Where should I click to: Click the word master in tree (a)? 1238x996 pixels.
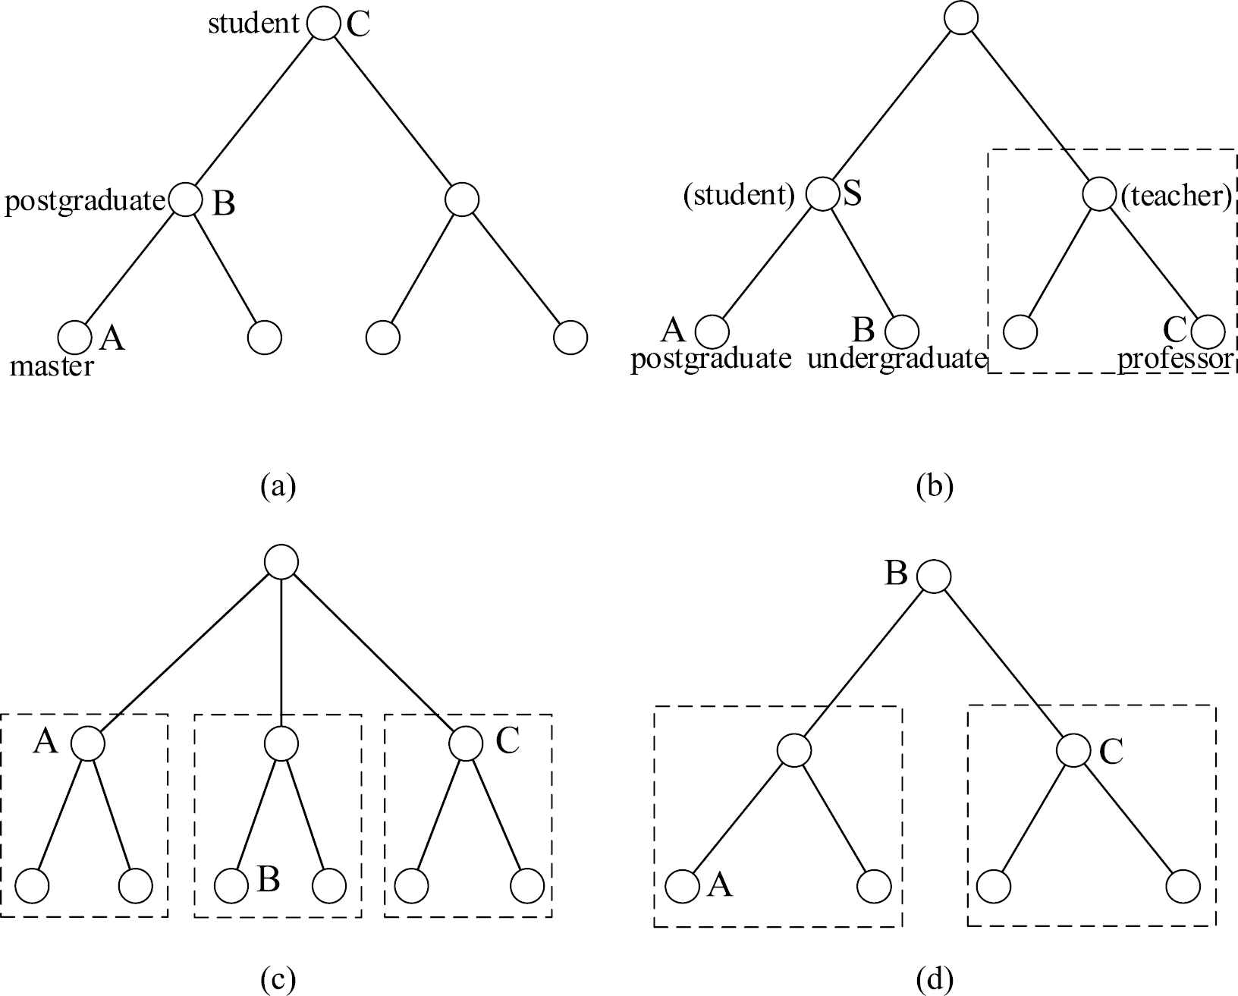[x=52, y=367]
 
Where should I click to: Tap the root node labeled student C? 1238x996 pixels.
[x=324, y=24]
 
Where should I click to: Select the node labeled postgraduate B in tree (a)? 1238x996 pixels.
[x=185, y=200]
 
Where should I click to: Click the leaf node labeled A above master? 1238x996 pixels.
[x=74, y=337]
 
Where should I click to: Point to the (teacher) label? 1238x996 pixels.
[x=1176, y=196]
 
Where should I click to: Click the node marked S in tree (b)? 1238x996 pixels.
[x=822, y=193]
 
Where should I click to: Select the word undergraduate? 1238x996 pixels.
[x=895, y=358]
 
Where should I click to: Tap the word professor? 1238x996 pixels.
[x=1174, y=358]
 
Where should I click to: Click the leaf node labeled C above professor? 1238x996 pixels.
[x=1208, y=331]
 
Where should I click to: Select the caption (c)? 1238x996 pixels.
[x=278, y=980]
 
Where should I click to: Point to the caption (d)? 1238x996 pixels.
[x=934, y=980]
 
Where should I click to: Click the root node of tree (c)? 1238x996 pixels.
[x=281, y=562]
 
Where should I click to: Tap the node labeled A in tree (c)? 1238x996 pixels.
[x=88, y=743]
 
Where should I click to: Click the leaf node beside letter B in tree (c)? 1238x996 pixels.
[x=231, y=885]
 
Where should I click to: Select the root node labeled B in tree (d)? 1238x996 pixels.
[x=934, y=576]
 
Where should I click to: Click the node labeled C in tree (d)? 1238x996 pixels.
[x=1073, y=750]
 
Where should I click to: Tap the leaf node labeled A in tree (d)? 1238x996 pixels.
[x=683, y=886]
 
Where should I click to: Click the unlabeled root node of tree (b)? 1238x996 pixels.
[x=961, y=18]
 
